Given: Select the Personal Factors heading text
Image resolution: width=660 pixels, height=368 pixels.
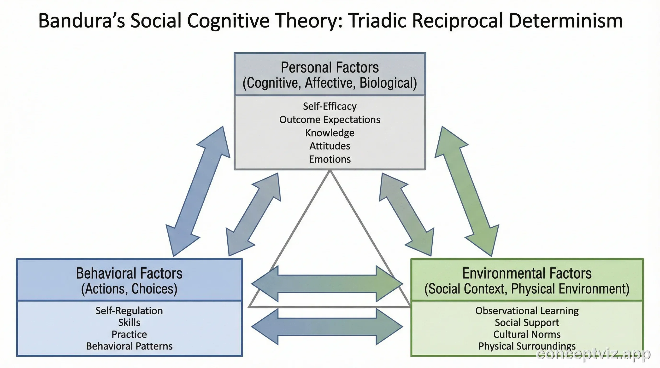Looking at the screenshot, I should coord(330,68).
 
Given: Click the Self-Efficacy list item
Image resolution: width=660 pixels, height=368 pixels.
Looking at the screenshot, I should coord(330,106).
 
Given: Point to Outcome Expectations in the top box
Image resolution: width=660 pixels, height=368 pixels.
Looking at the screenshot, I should coord(330,120).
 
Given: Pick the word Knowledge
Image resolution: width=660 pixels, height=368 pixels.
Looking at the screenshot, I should coord(330,133).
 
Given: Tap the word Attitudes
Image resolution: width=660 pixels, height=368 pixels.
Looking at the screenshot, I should coord(330,146).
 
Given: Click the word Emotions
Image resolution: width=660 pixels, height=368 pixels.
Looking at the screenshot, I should coord(330,159).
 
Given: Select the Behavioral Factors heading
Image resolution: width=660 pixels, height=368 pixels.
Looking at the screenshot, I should coord(129,273).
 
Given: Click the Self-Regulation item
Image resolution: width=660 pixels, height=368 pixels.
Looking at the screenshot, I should coord(129,311).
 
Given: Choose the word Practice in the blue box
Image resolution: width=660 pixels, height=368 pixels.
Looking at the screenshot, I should coord(129,334).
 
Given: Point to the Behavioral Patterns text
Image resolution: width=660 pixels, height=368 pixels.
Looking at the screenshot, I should coord(129,346).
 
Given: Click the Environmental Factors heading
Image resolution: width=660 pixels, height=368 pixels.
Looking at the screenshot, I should coord(527,273).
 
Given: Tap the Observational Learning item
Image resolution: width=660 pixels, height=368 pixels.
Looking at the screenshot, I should coord(527,311).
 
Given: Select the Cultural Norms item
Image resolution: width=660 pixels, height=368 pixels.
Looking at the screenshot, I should coord(527,334).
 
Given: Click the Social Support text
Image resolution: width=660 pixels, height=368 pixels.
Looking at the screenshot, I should coord(527,322).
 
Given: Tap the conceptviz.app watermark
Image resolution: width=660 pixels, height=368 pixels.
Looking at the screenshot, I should coord(593,355).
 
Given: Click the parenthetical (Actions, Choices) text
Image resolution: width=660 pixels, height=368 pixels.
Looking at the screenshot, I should coord(129,289).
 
